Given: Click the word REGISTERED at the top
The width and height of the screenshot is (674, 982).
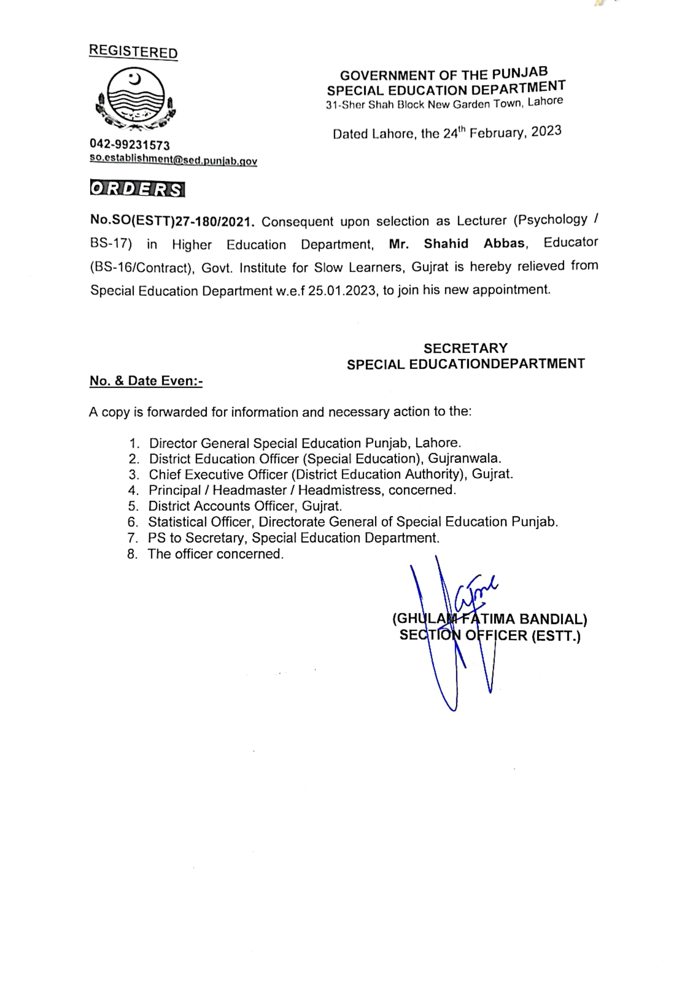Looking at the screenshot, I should coord(133,52).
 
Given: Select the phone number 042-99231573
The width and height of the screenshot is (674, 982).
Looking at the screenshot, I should coord(129,145).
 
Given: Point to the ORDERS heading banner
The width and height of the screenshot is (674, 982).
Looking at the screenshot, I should coord(137,189).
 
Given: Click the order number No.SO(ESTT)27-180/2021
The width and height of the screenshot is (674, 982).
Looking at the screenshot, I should coord(172,221).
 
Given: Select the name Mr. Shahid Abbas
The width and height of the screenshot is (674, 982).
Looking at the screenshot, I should coord(456,243).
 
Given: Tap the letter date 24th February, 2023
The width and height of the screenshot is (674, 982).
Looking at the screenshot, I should coord(502,133).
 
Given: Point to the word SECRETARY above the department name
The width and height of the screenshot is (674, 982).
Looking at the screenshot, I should coord(465,348).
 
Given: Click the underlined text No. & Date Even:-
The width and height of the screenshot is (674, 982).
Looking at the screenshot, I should coord(146,381).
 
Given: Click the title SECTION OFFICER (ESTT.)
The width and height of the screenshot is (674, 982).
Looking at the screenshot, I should coord(490,636).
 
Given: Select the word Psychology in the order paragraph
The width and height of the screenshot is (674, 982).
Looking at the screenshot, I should coord(552,219).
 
